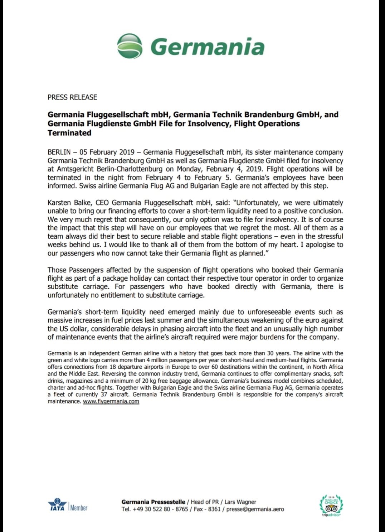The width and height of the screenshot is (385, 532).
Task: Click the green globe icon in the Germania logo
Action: coord(130,46)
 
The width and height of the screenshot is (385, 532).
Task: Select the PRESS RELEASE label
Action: coord(72,97)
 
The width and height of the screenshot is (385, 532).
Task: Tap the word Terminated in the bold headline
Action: coord(69,133)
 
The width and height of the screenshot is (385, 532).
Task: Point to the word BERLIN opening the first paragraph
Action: coord(59,152)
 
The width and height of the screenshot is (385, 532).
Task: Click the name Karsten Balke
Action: coord(69,203)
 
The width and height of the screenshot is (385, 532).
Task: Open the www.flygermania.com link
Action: coord(111,401)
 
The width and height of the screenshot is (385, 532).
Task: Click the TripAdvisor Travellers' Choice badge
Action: coord(331,505)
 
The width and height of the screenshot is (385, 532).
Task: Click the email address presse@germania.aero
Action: coord(255,509)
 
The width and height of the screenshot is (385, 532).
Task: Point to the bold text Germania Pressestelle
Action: coord(153,502)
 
